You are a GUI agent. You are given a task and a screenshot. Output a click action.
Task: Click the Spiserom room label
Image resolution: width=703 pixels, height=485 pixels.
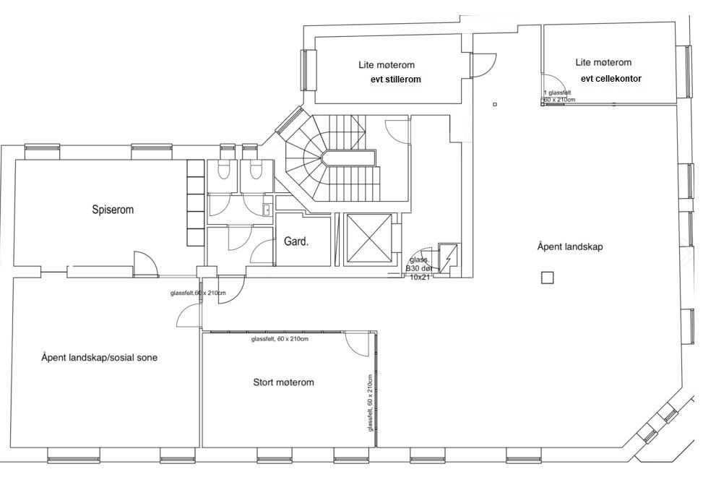pyautogui.click(x=113, y=210)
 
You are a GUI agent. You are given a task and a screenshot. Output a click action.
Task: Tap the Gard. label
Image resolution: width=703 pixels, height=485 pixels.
pyautogui.click(x=296, y=241)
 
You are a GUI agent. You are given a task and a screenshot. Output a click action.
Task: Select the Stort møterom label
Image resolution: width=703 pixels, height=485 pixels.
pyautogui.click(x=283, y=382)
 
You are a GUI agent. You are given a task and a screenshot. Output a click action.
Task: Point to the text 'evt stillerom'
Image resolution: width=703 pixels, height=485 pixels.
pyautogui.click(x=395, y=80)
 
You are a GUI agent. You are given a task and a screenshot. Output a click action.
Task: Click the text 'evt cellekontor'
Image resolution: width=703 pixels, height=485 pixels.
pyautogui.click(x=611, y=79)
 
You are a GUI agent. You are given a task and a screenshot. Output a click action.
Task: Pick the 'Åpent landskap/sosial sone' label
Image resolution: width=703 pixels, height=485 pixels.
pyautogui.click(x=99, y=358)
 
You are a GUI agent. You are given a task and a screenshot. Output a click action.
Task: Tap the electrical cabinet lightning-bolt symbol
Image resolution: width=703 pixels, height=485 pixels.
pyautogui.click(x=449, y=259)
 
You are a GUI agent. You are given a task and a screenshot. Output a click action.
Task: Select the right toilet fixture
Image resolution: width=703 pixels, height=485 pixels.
pyautogui.click(x=256, y=170)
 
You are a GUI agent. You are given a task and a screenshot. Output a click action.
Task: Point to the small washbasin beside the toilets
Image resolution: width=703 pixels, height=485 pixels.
pyautogui.click(x=267, y=210)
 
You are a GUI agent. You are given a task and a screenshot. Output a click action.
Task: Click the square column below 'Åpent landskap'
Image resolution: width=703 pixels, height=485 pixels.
pyautogui.click(x=548, y=278)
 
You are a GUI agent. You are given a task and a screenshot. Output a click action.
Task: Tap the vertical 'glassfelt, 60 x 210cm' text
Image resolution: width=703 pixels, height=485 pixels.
pyautogui.click(x=371, y=403)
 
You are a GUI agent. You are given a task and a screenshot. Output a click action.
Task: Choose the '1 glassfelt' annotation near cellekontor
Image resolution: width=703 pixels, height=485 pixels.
pyautogui.click(x=557, y=93)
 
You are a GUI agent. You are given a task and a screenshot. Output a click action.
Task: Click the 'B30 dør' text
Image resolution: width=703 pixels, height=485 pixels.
pyautogui.click(x=419, y=268)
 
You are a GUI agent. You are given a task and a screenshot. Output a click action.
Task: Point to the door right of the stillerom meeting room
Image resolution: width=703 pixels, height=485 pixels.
pyautogui.click(x=483, y=64)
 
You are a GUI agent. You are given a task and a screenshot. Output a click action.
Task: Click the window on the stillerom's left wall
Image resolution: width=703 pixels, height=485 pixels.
pyautogui.click(x=308, y=70)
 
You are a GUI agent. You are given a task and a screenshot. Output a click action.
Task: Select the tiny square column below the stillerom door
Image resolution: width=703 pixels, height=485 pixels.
pyautogui.click(x=495, y=105)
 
